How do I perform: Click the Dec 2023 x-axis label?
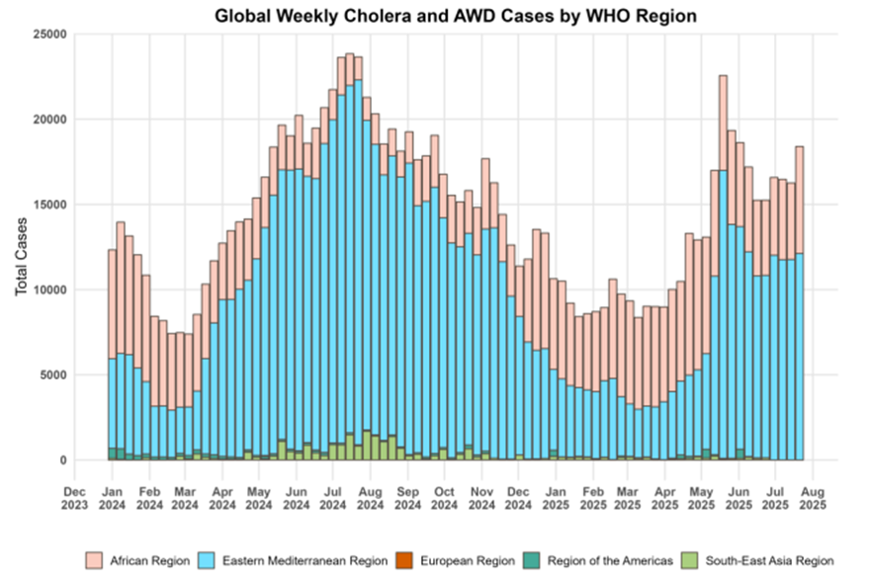point(75,496)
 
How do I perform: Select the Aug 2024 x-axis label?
point(370,496)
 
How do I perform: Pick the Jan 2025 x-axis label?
point(556,496)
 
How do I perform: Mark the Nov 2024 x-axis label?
point(481,496)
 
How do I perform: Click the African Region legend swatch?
point(96,560)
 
